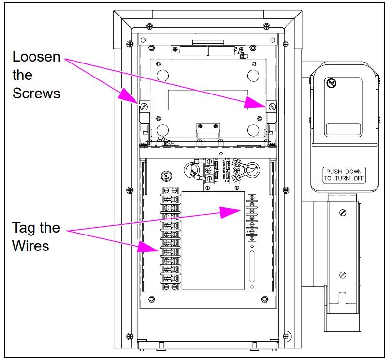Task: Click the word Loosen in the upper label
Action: [36, 57]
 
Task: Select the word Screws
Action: [36, 93]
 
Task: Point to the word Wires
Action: [30, 246]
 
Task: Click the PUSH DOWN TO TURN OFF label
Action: [344, 175]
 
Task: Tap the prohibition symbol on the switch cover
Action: [331, 83]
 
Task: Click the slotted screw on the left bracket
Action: [144, 106]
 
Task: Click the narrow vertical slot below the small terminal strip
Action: [252, 266]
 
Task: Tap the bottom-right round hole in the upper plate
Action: [252, 130]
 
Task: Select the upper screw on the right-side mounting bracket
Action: [343, 211]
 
